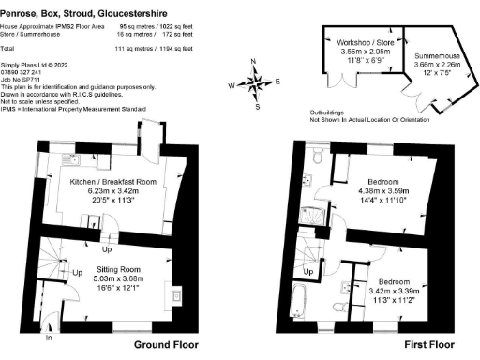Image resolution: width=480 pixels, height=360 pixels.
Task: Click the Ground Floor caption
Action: pos(166,345)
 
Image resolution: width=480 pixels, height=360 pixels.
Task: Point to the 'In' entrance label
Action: pos(48,337)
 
